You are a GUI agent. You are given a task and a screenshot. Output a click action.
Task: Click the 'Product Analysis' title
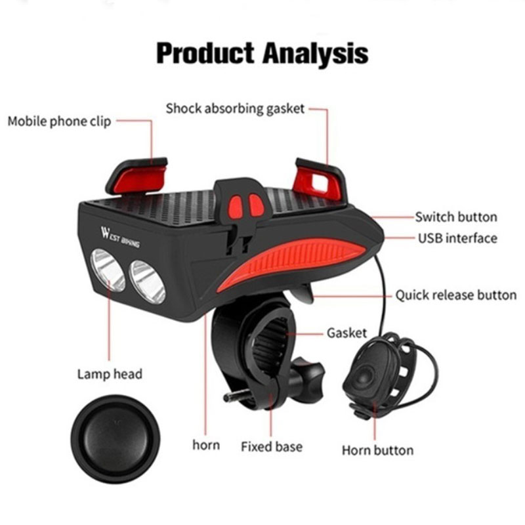[x=262, y=54]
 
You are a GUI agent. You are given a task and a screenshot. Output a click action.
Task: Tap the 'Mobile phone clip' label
[x=59, y=121]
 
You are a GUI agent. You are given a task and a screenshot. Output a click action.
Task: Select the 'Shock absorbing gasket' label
[x=235, y=108]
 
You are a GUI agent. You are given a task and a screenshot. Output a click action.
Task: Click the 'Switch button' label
[x=456, y=217]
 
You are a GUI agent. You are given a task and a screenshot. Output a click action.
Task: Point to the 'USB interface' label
[x=457, y=238]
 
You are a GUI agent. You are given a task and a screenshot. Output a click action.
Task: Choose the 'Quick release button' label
[x=456, y=295]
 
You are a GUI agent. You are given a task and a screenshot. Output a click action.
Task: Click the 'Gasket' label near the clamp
[x=346, y=333]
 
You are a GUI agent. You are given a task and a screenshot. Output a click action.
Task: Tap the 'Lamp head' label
[x=110, y=373]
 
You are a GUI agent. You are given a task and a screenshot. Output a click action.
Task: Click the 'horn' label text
[x=206, y=445]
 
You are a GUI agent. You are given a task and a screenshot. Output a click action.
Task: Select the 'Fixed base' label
[x=272, y=447]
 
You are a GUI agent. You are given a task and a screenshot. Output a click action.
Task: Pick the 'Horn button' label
[x=378, y=450]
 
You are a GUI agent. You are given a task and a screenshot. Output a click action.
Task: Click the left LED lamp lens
[x=108, y=269]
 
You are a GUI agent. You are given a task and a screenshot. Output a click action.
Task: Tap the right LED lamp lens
[x=147, y=282]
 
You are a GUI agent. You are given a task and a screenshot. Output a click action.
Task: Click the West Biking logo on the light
[x=120, y=237]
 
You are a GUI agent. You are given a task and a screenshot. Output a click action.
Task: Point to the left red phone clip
[x=138, y=177]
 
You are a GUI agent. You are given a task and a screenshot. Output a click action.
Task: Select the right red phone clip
[x=319, y=181]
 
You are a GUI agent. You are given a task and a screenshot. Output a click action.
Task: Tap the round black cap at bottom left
[x=115, y=439]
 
